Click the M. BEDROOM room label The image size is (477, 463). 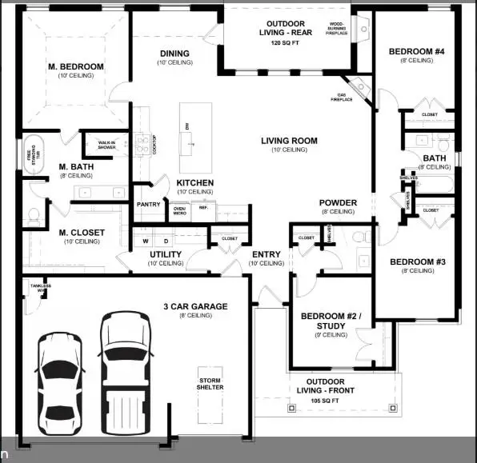point(75,66)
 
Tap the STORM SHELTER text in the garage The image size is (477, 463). point(211,382)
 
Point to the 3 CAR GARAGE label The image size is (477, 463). point(195,306)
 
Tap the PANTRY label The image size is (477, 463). point(149,205)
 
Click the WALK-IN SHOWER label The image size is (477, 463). point(106,144)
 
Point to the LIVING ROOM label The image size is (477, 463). point(289,141)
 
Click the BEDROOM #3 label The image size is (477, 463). point(411,262)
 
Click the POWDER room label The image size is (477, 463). point(337,202)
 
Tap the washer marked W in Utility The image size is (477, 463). point(146,240)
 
